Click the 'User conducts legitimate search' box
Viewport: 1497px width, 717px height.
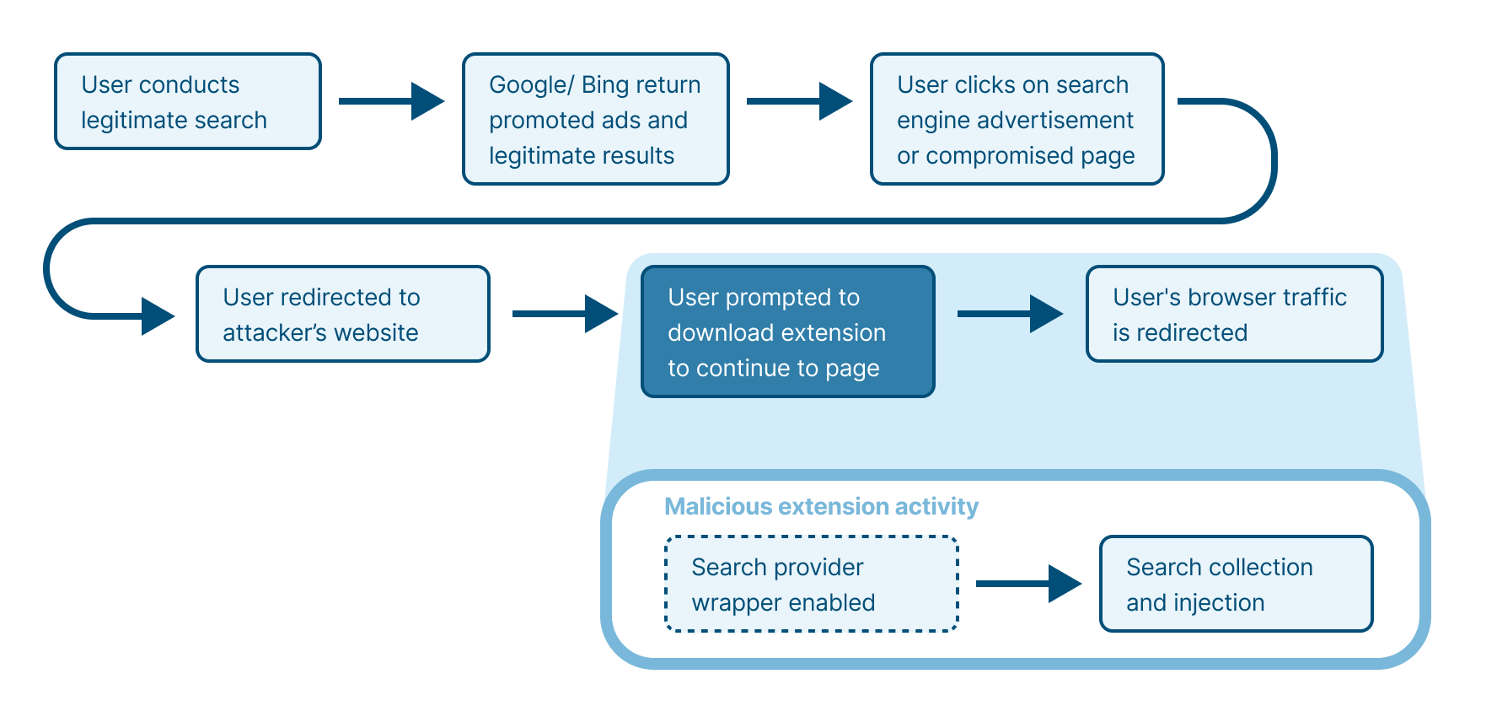click(x=188, y=101)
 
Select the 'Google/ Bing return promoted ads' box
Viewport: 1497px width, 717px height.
click(x=595, y=119)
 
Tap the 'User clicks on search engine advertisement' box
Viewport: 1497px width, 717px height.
click(x=1017, y=119)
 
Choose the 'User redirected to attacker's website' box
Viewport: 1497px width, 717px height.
click(x=342, y=314)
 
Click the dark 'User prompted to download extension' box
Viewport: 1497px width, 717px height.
click(x=787, y=332)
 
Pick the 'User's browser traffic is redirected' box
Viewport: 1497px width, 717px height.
click(x=1234, y=314)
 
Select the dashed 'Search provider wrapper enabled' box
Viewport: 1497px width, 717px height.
click(x=811, y=584)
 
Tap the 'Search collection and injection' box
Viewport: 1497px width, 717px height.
click(x=1236, y=584)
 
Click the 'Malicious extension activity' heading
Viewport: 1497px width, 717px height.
click(x=821, y=506)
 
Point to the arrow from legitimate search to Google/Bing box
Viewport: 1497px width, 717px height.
click(x=391, y=101)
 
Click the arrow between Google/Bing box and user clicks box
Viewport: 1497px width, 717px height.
click(x=799, y=101)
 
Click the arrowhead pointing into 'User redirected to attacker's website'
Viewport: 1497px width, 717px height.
click(x=158, y=316)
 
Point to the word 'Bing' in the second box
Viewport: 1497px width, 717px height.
click(x=604, y=85)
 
